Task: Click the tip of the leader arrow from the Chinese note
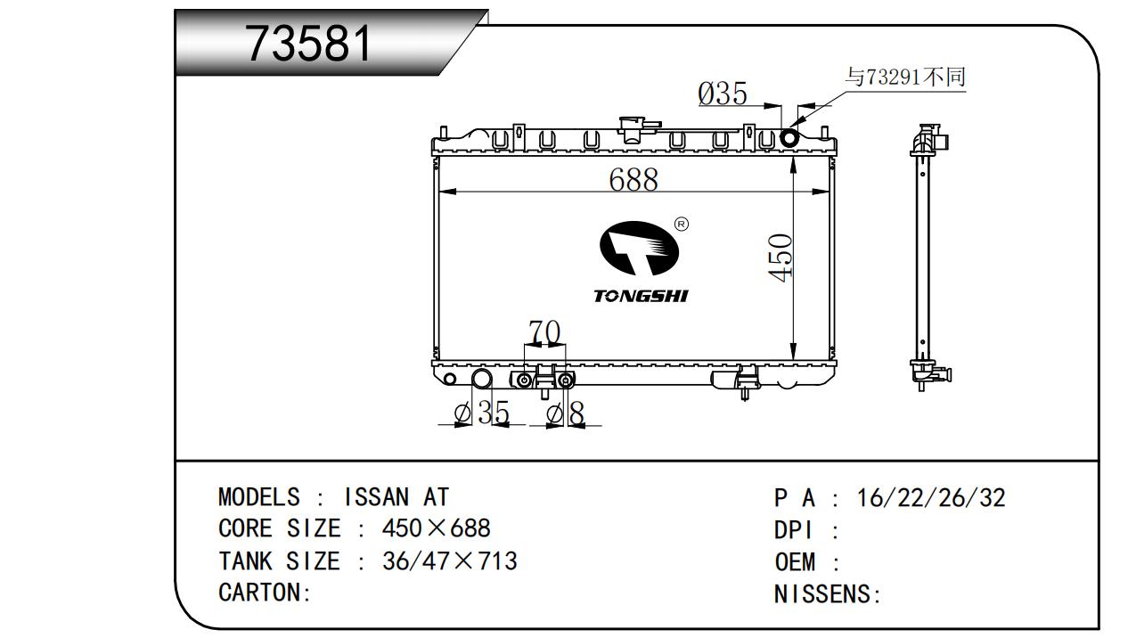tap(790, 127)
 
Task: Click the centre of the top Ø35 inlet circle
tap(789, 137)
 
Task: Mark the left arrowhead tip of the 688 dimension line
tap(439, 192)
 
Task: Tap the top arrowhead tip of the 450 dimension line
tap(793, 157)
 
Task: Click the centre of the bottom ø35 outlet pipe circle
tap(481, 378)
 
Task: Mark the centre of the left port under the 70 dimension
tap(524, 380)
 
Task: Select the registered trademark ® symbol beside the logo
tap(682, 224)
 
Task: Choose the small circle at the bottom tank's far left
tap(450, 379)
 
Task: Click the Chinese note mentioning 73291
tap(905, 78)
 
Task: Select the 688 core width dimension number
tap(633, 179)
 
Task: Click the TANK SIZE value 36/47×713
tap(450, 561)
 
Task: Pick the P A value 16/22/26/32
tap(931, 497)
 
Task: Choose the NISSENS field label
tap(821, 594)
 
